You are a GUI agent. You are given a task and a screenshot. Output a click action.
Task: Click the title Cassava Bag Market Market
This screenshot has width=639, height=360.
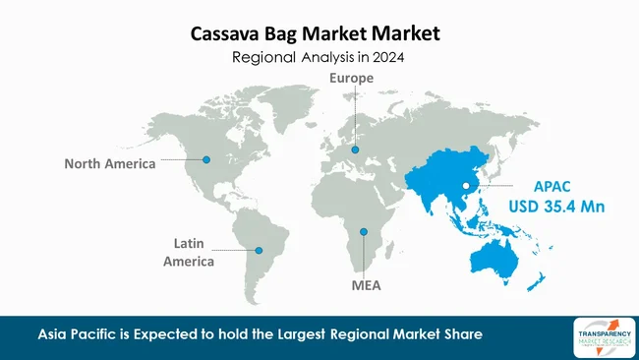[x=315, y=34]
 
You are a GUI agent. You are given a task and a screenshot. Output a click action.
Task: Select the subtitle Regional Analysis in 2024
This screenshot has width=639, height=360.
[x=319, y=58]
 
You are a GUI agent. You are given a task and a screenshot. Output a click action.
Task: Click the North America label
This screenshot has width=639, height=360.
[x=110, y=163]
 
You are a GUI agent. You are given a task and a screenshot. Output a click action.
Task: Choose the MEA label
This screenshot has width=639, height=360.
[x=365, y=287]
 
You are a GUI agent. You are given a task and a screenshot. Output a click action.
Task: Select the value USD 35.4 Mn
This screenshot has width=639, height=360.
[x=556, y=207]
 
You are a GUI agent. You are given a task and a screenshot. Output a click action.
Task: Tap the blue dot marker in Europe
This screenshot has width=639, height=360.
[x=355, y=150]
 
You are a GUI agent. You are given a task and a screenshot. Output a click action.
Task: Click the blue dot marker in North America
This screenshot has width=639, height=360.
[x=206, y=158]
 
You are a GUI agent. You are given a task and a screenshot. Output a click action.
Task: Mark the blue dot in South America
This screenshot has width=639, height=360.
[x=259, y=250]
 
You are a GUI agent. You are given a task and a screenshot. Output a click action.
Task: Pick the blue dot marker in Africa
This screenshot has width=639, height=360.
[x=364, y=232]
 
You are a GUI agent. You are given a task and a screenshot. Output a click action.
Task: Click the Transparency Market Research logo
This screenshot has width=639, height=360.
[x=599, y=337]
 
